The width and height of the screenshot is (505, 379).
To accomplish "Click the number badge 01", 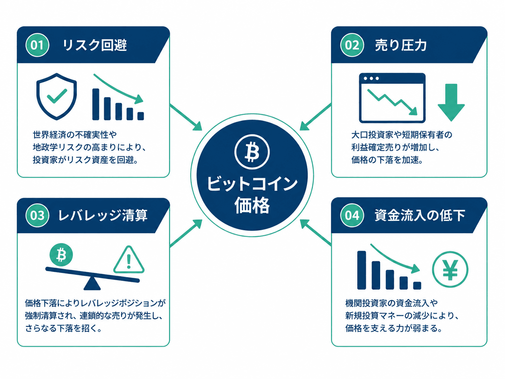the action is (x=37, y=45).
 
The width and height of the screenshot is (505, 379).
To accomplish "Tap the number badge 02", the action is (x=352, y=45).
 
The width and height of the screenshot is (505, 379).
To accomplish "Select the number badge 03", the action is (x=37, y=215).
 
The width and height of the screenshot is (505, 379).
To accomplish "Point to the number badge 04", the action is (x=352, y=215).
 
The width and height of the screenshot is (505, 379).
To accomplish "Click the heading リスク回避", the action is (x=95, y=45).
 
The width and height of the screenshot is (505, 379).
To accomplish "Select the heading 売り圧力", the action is (x=401, y=45).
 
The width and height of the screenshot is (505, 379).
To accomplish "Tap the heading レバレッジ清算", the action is (x=103, y=216).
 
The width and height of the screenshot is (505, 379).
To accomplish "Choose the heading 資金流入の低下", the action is (x=420, y=216).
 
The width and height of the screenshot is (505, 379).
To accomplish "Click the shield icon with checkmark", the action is (x=56, y=97).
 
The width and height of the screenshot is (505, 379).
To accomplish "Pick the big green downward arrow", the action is (x=451, y=102).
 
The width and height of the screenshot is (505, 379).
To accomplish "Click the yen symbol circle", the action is (x=450, y=269).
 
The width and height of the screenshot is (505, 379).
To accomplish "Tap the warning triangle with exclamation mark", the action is (x=129, y=260).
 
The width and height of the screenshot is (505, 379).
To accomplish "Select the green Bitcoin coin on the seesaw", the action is (x=61, y=255).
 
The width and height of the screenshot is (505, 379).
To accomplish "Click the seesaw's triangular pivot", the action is (x=92, y=283).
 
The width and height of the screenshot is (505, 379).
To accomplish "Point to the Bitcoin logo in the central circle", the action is (x=252, y=152).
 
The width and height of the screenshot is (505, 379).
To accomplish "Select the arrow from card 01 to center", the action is (x=186, y=117).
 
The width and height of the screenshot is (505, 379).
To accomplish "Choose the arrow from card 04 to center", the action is (x=315, y=232).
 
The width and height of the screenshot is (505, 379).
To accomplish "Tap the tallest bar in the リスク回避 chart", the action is (x=96, y=104).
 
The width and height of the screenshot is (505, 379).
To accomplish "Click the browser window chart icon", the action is (x=392, y=98).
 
